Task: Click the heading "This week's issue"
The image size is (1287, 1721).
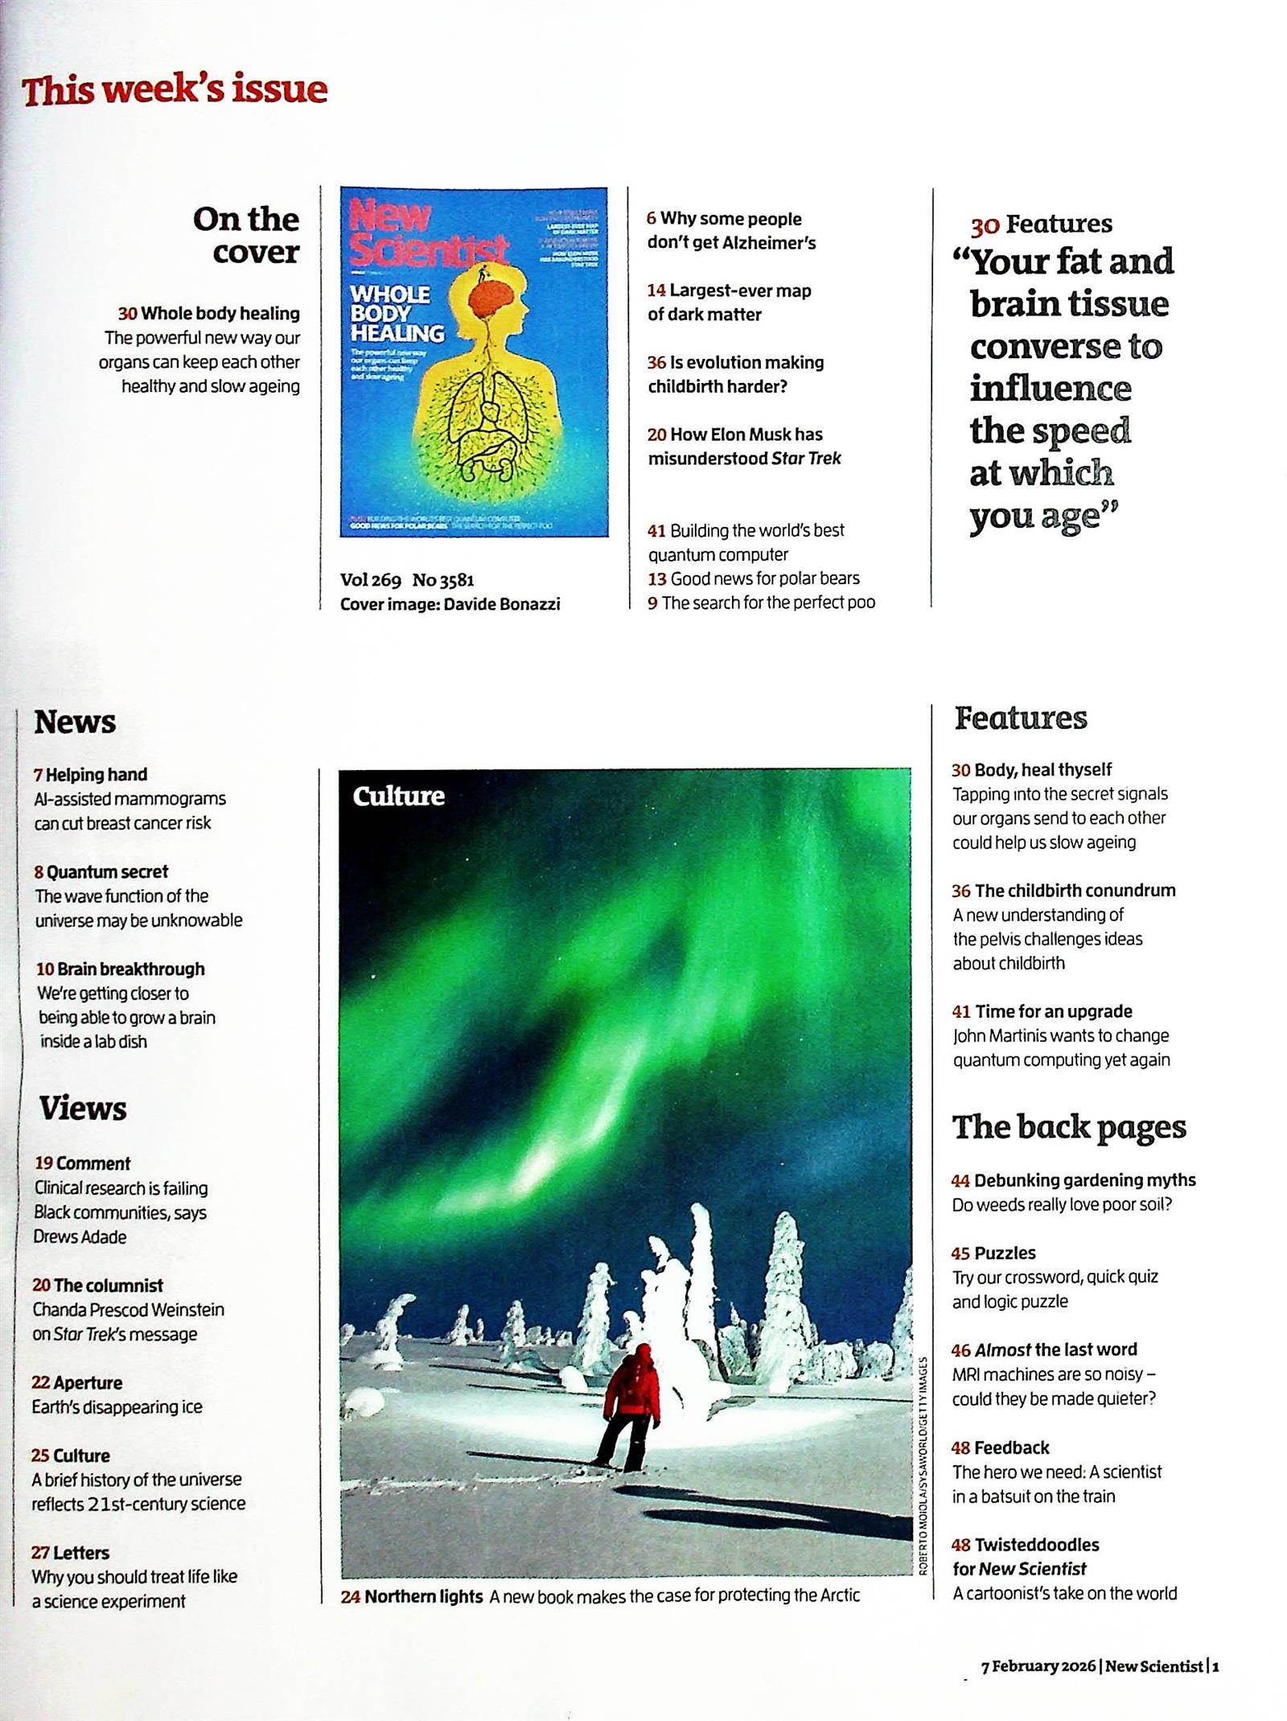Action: (175, 90)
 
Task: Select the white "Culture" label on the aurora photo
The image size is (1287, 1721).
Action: (398, 796)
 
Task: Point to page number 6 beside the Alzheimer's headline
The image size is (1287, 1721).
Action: (652, 219)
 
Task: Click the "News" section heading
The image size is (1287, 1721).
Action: (75, 722)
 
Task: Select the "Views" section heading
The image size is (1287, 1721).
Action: (83, 1108)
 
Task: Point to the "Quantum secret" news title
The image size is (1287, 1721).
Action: (107, 871)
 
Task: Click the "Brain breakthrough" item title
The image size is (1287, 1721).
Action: (130, 969)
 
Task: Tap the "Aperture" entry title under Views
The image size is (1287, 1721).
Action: (88, 1383)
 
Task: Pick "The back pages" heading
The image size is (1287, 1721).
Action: (1069, 1127)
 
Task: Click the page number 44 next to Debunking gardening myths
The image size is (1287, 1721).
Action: (960, 1180)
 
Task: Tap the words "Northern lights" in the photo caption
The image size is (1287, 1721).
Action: (423, 1596)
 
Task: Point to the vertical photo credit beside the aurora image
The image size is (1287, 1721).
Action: (923, 1464)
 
